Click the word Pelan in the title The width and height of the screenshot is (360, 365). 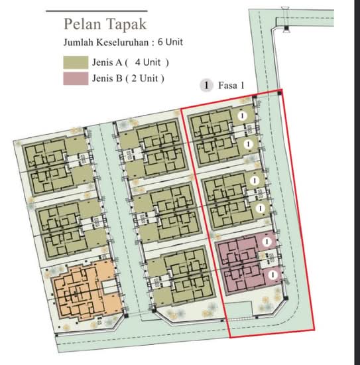coord(82,24)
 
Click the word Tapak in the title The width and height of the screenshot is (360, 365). coord(126,25)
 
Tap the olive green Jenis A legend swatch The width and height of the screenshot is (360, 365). coord(76,62)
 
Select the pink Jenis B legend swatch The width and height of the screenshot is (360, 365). coord(76,78)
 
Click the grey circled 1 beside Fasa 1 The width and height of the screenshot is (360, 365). coord(206,86)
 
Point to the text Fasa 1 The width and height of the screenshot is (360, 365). coord(231,86)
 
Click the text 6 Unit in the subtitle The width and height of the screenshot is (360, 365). coord(170,42)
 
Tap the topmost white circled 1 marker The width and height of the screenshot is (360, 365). coord(242,115)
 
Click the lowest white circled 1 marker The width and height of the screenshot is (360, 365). coord(272,275)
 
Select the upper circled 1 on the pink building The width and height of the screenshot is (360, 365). coord(267,242)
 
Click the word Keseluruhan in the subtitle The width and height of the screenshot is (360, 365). coord(123,42)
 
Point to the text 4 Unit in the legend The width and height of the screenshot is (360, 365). coord(148,62)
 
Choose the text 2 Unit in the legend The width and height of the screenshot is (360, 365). coord(145,78)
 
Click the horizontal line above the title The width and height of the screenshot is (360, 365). coord(97,11)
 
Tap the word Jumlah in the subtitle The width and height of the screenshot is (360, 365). coord(79,42)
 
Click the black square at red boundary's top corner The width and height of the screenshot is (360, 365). coord(280,93)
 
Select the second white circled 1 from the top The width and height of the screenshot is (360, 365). coord(249,144)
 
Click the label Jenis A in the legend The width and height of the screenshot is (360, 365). coord(107,62)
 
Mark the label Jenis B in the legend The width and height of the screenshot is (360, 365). coord(107,78)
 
